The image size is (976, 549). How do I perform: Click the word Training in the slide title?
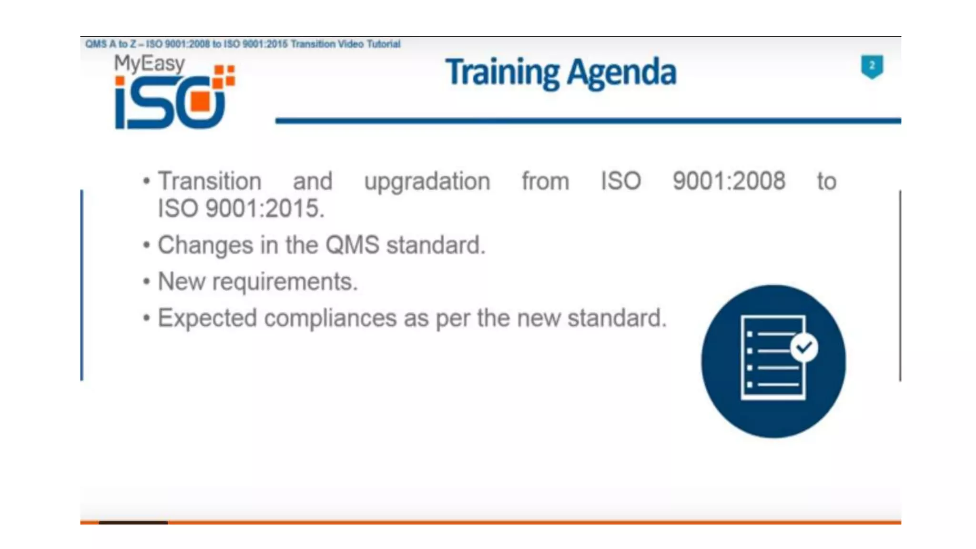(x=502, y=72)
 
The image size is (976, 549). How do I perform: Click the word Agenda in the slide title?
(x=621, y=72)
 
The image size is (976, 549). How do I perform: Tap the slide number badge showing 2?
(x=872, y=66)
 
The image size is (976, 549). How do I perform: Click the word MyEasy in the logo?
(x=149, y=63)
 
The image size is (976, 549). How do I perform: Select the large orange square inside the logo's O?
(x=200, y=101)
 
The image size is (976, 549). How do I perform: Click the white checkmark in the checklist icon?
(x=804, y=347)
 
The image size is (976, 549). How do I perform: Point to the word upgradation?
(x=427, y=181)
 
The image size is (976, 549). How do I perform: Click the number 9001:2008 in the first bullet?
(x=729, y=181)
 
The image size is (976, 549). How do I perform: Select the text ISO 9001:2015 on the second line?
(x=241, y=209)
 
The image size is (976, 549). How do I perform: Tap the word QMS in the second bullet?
(x=352, y=245)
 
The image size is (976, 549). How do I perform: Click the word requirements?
(x=285, y=281)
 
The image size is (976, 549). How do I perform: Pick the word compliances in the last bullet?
(x=330, y=318)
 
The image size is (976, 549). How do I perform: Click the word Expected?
(x=207, y=318)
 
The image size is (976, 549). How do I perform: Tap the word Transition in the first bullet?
(x=210, y=181)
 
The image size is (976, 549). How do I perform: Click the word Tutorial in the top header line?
(x=383, y=44)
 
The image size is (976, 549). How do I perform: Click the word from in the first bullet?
(x=545, y=181)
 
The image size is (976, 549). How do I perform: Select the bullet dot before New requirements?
(x=146, y=282)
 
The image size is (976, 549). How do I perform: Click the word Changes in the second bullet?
(x=205, y=245)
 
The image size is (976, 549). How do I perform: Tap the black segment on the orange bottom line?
(x=133, y=523)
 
